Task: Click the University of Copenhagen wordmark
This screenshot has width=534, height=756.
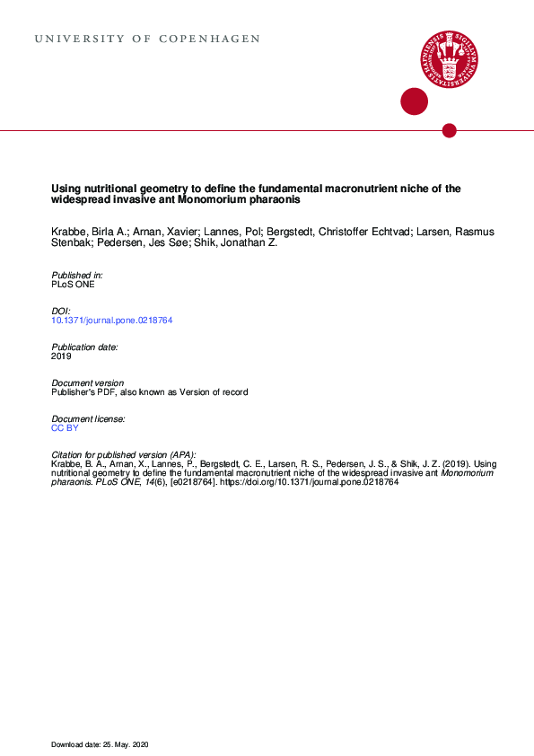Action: tap(147, 40)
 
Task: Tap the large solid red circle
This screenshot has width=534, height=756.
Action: tap(414, 101)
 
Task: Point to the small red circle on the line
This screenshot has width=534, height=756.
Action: tap(450, 131)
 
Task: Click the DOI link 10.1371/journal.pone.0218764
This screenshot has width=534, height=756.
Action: tap(111, 321)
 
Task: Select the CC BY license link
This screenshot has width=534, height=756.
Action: tap(66, 428)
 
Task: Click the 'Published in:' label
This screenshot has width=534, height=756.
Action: tap(77, 275)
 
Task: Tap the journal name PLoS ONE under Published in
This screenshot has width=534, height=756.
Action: tap(73, 285)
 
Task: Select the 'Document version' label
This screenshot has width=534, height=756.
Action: tap(88, 382)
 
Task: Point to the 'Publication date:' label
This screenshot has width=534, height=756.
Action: tap(85, 347)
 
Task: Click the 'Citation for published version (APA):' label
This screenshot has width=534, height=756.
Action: tap(124, 454)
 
